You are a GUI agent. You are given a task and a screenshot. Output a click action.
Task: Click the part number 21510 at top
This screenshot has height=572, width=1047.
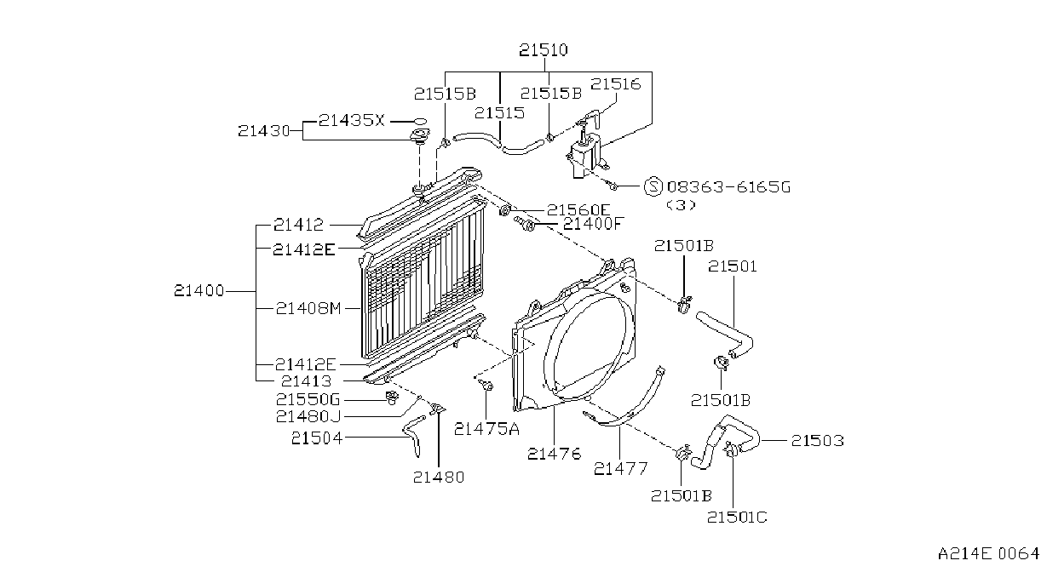544,50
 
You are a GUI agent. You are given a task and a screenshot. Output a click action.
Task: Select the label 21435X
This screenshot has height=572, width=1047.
352,121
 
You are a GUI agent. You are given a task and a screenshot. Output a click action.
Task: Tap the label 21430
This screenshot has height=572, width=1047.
264,131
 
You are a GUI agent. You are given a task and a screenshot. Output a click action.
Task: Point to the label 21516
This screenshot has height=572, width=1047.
615,84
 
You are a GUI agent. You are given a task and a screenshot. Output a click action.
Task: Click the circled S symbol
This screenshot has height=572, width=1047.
653,186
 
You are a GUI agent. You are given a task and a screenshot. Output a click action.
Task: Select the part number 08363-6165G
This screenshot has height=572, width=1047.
728,187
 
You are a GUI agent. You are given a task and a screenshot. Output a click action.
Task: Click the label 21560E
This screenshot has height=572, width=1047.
578,210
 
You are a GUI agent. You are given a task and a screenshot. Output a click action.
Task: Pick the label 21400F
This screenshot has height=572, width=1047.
594,224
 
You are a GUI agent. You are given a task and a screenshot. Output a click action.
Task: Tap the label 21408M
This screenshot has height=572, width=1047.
308,308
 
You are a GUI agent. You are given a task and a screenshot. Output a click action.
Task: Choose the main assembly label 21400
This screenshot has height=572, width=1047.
199,291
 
